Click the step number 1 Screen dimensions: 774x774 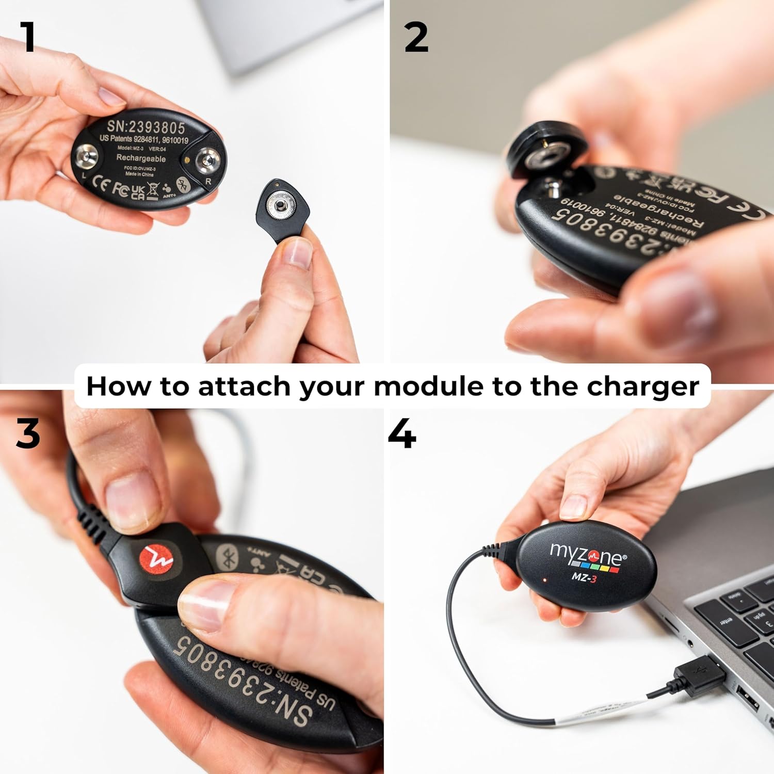pos(28,37)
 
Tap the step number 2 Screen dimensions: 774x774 pos(416,38)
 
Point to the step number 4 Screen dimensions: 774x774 pos(402,434)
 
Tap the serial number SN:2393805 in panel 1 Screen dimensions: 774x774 pos(146,126)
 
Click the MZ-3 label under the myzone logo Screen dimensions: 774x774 pos(584,577)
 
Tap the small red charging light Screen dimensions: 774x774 pos(543,580)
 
